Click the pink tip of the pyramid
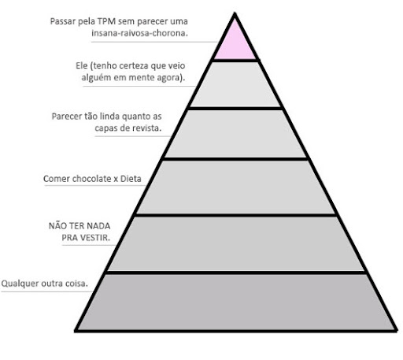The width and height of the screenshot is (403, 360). [x=235, y=42]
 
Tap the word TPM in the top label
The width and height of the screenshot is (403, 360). [x=106, y=21]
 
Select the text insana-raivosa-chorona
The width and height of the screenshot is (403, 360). [x=139, y=33]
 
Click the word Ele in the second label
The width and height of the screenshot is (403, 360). [x=82, y=65]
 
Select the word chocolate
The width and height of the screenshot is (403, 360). [x=91, y=179]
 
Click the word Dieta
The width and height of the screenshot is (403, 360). [x=131, y=179]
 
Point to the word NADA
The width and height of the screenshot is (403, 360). [x=98, y=226]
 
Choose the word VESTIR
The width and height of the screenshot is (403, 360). [x=95, y=238]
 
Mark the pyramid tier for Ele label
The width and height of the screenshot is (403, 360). [x=235, y=84]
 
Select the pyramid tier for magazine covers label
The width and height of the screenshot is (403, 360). [x=235, y=134]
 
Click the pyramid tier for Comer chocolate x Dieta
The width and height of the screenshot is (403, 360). [x=235, y=187]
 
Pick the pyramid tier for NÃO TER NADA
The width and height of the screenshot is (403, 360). [x=235, y=243]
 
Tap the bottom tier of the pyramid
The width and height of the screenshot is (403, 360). [x=235, y=302]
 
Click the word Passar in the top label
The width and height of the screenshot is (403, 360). [x=63, y=21]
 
